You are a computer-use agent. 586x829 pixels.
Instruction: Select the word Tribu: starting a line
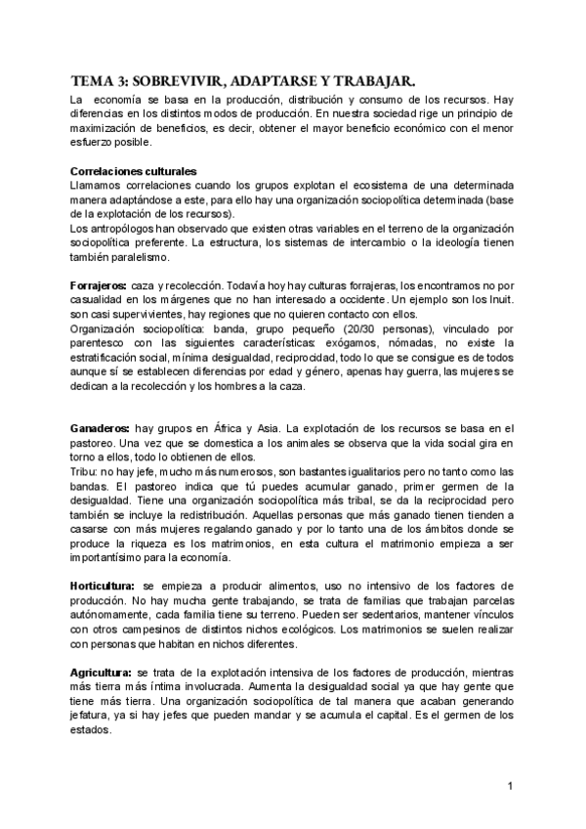point(85,471)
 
